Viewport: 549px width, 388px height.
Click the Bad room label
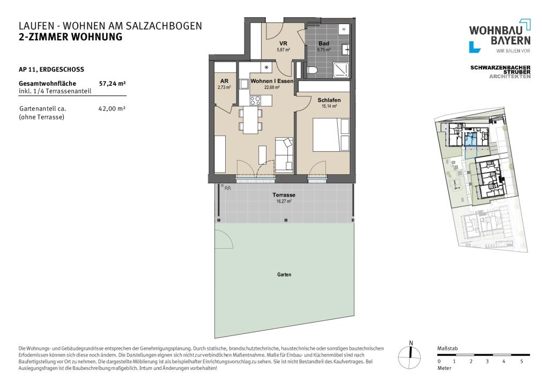click(x=323, y=43)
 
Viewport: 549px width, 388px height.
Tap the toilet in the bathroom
click(x=312, y=70)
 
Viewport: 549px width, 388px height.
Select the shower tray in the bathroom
click(x=340, y=70)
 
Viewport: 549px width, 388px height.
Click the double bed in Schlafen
click(x=331, y=135)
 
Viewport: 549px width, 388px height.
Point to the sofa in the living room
click(x=284, y=155)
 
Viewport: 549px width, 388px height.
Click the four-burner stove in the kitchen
click(x=255, y=101)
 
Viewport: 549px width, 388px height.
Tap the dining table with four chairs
click(x=250, y=120)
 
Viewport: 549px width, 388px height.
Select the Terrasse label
click(x=284, y=195)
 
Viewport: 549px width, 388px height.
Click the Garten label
click(x=284, y=274)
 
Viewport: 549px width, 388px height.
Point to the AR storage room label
click(x=224, y=81)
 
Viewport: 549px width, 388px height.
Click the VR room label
click(x=283, y=43)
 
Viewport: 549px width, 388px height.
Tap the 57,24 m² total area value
click(x=113, y=83)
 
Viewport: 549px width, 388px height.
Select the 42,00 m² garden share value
click(x=112, y=108)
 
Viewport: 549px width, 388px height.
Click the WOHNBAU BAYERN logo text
click(x=500, y=35)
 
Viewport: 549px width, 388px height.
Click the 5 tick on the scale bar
click(x=522, y=361)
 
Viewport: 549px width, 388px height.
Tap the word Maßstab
click(x=447, y=348)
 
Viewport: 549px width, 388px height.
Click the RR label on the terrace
click(x=227, y=188)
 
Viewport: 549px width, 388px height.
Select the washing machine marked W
click(x=344, y=29)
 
